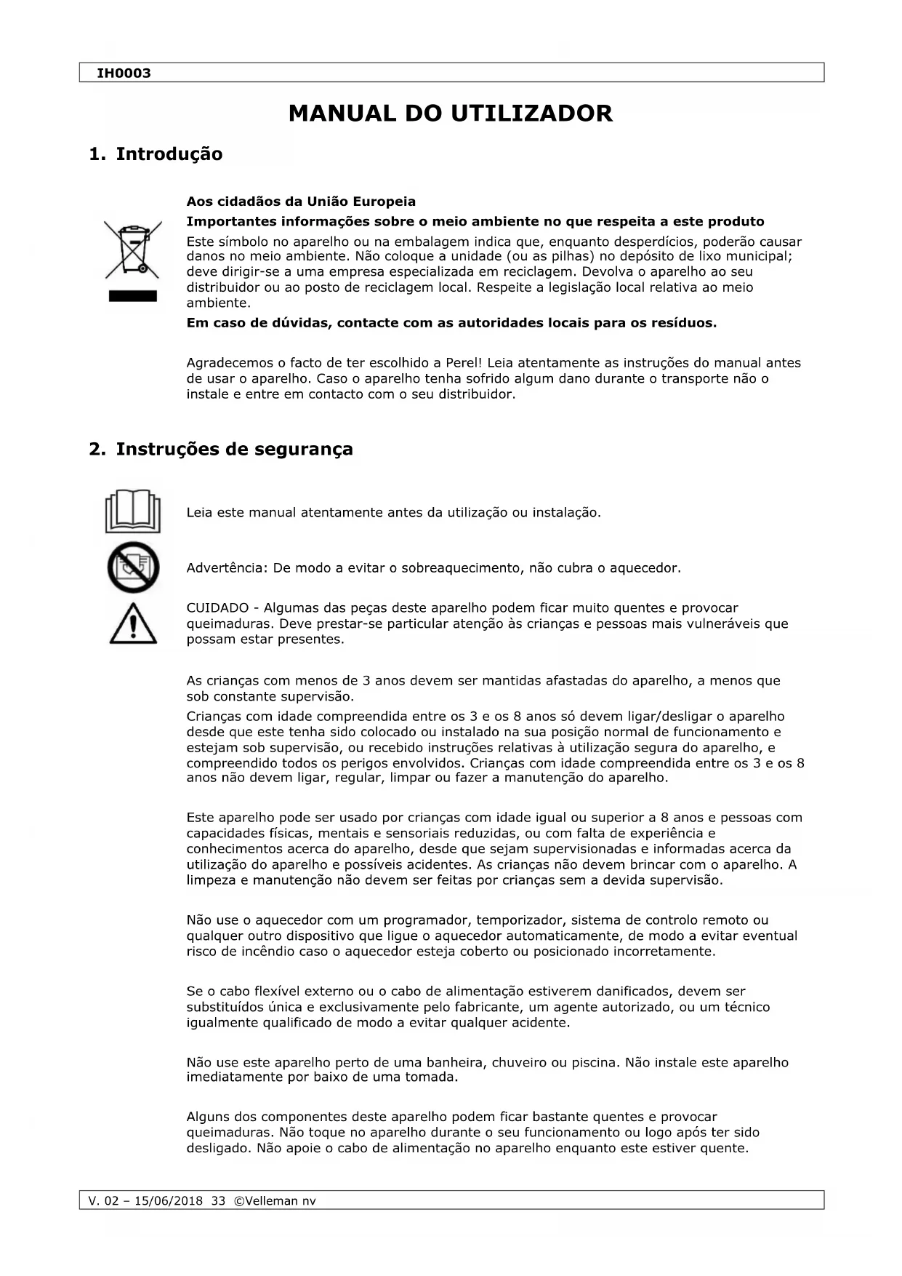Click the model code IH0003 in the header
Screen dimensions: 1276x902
click(x=124, y=73)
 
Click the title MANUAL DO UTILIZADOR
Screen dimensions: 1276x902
click(x=451, y=113)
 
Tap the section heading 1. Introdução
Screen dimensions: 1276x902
click(x=156, y=154)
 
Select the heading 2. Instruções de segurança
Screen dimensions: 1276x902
click(x=221, y=449)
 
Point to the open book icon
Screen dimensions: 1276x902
click(x=132, y=511)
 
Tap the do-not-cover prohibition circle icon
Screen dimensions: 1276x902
click(x=133, y=567)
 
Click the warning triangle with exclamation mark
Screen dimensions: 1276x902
click(x=133, y=623)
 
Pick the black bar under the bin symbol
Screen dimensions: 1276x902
click(x=133, y=296)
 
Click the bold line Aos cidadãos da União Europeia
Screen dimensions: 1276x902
click(x=301, y=201)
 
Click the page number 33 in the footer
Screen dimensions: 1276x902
click(x=218, y=1200)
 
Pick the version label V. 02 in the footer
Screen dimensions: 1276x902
click(x=102, y=1200)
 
